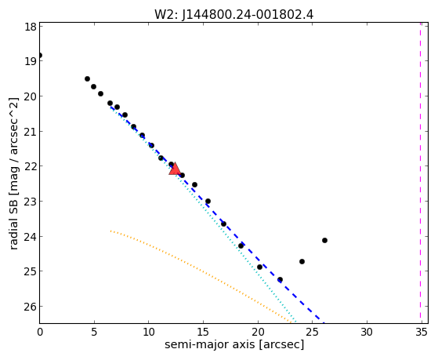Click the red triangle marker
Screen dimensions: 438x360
(175, 169)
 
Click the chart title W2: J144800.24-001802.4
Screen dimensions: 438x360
(233, 14)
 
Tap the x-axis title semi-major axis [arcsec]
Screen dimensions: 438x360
(234, 344)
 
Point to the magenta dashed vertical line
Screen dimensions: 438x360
(420, 173)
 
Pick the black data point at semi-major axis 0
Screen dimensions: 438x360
(40, 55)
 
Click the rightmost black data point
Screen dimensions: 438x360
(324, 240)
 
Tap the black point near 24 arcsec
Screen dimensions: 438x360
(302, 261)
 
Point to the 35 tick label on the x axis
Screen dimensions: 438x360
(422, 333)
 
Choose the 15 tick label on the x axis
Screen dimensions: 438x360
(203, 333)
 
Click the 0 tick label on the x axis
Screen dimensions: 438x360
(40, 333)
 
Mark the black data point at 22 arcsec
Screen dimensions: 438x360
(281, 279)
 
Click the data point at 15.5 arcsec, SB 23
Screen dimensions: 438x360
(208, 201)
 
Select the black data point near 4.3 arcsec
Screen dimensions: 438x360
(87, 79)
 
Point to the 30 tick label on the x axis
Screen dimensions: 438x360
(367, 333)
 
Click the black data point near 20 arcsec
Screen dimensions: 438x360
(260, 267)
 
